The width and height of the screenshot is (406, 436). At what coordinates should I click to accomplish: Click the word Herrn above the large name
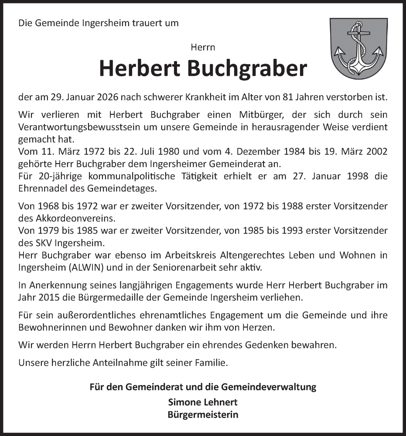coord(203,47)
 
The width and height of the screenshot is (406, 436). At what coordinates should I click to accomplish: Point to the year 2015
coord(48,298)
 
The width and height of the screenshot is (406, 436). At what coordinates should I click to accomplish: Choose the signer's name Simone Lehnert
coord(203,402)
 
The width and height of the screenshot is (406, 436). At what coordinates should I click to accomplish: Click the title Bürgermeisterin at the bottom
coord(203,415)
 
